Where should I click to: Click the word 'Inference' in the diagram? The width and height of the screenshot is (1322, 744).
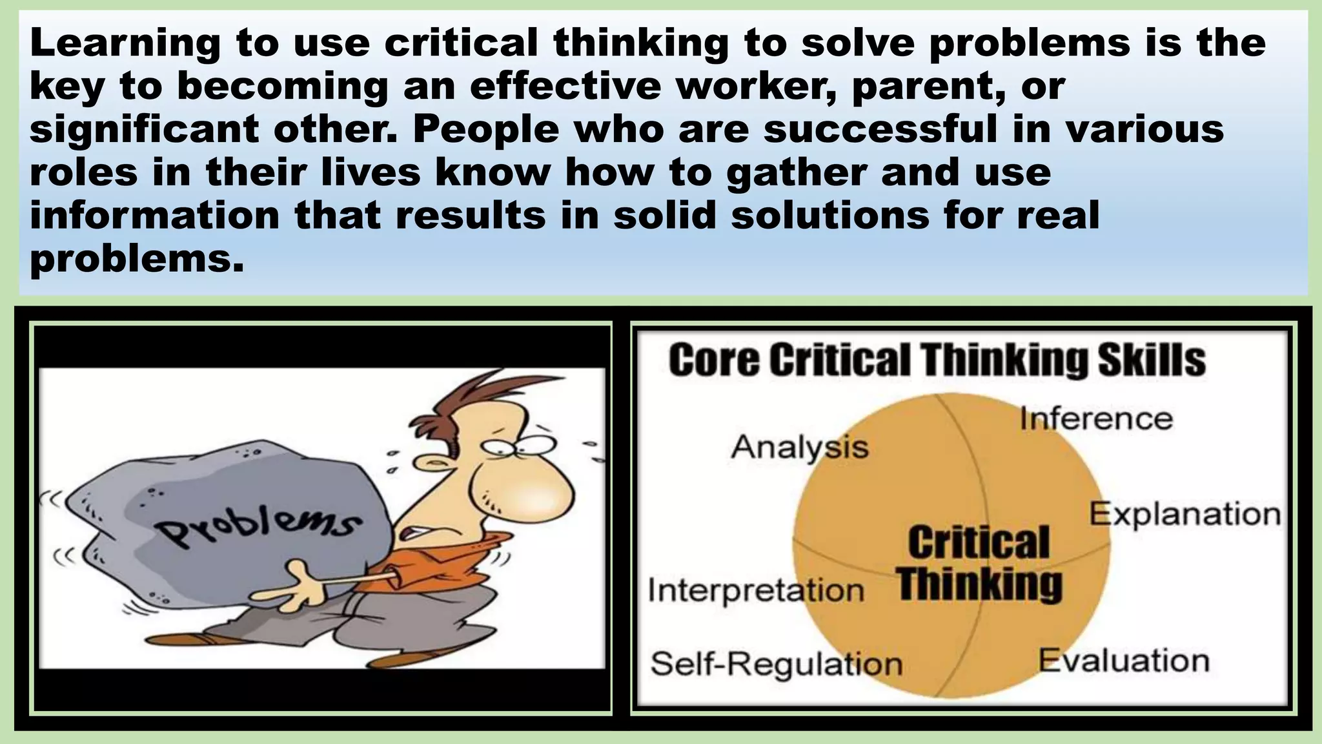[x=1096, y=418]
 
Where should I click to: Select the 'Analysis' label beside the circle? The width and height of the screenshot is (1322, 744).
[x=800, y=447]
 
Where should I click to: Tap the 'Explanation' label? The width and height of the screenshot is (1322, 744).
[x=1185, y=515]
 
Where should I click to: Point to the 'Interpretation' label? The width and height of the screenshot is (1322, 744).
[x=755, y=590]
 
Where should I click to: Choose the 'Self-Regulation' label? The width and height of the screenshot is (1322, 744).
[x=776, y=663]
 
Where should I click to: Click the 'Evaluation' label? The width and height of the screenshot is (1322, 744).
[x=1124, y=661]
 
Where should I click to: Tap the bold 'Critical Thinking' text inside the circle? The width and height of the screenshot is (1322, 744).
[x=979, y=563]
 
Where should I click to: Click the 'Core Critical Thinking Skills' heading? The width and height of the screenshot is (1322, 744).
[x=937, y=360]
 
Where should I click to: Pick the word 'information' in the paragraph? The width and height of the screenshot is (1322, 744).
[x=154, y=215]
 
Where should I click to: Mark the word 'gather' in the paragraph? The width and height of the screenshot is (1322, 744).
[x=797, y=173]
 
